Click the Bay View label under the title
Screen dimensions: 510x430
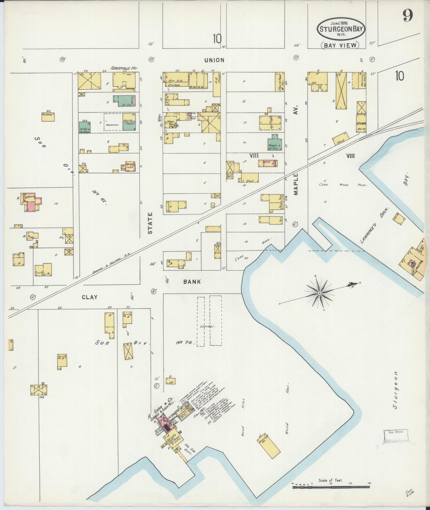[340, 45]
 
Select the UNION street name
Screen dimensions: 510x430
[214, 60]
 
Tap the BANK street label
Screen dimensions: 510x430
[192, 282]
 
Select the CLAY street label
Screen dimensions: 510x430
[90, 297]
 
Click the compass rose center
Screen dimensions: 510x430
[319, 293]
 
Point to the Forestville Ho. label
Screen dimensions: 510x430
[124, 68]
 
